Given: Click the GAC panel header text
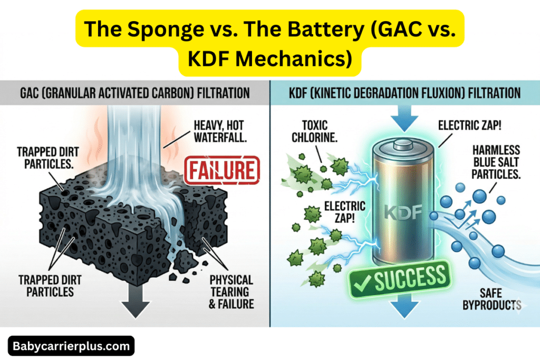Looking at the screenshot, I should (x=134, y=93).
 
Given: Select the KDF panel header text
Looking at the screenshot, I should (x=405, y=93).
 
